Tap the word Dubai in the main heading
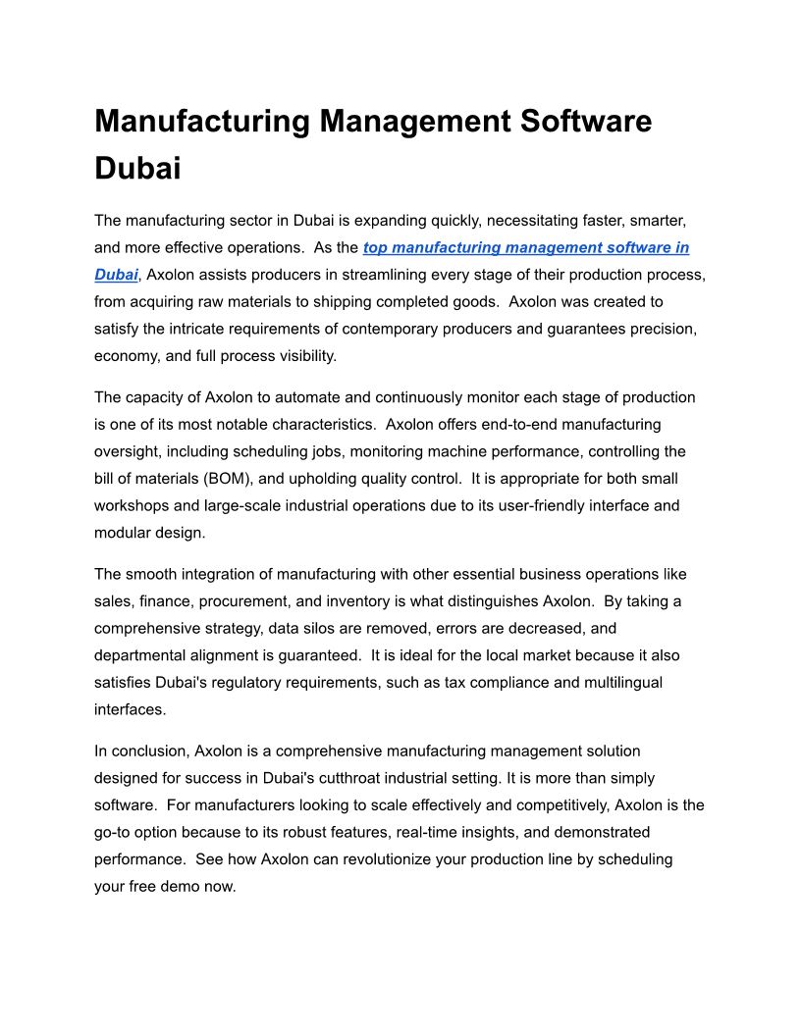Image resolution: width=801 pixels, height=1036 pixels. pos(137,168)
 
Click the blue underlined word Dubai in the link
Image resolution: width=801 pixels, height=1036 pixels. pos(116,275)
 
